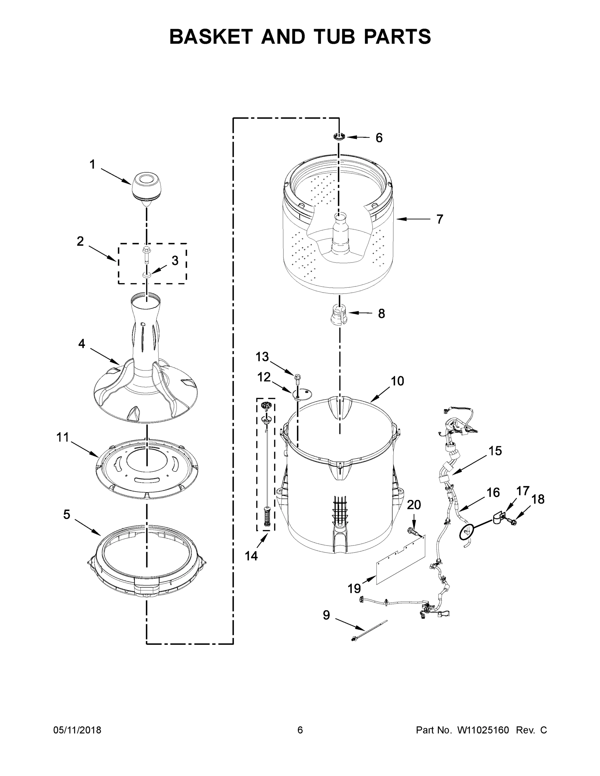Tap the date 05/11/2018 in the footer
(77, 730)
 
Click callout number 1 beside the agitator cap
(93, 165)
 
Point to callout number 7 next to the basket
(440, 219)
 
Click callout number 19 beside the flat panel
(354, 588)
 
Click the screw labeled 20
(413, 532)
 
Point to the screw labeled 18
(513, 522)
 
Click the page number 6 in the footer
(300, 730)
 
